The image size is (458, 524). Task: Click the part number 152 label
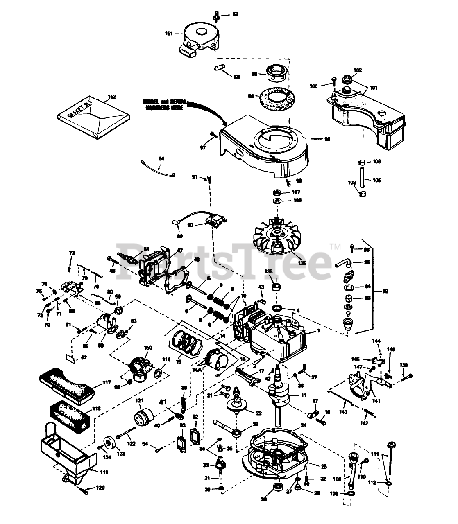point(112,97)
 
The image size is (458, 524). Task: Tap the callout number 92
point(385,291)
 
